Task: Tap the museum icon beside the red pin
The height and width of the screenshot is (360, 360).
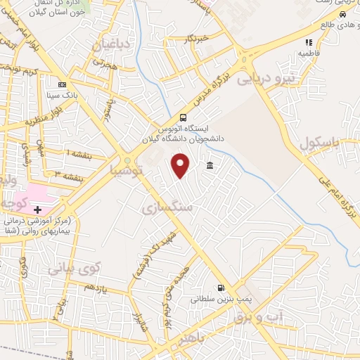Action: point(210,166)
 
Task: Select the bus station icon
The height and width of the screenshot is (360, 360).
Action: point(184,118)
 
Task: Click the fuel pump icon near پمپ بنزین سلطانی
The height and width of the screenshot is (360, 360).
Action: point(221,288)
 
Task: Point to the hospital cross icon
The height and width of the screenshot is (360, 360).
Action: point(37,210)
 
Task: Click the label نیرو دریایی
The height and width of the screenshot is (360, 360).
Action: point(267,79)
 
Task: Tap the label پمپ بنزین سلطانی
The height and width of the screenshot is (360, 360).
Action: point(219,299)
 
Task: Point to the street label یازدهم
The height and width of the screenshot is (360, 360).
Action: point(95,288)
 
